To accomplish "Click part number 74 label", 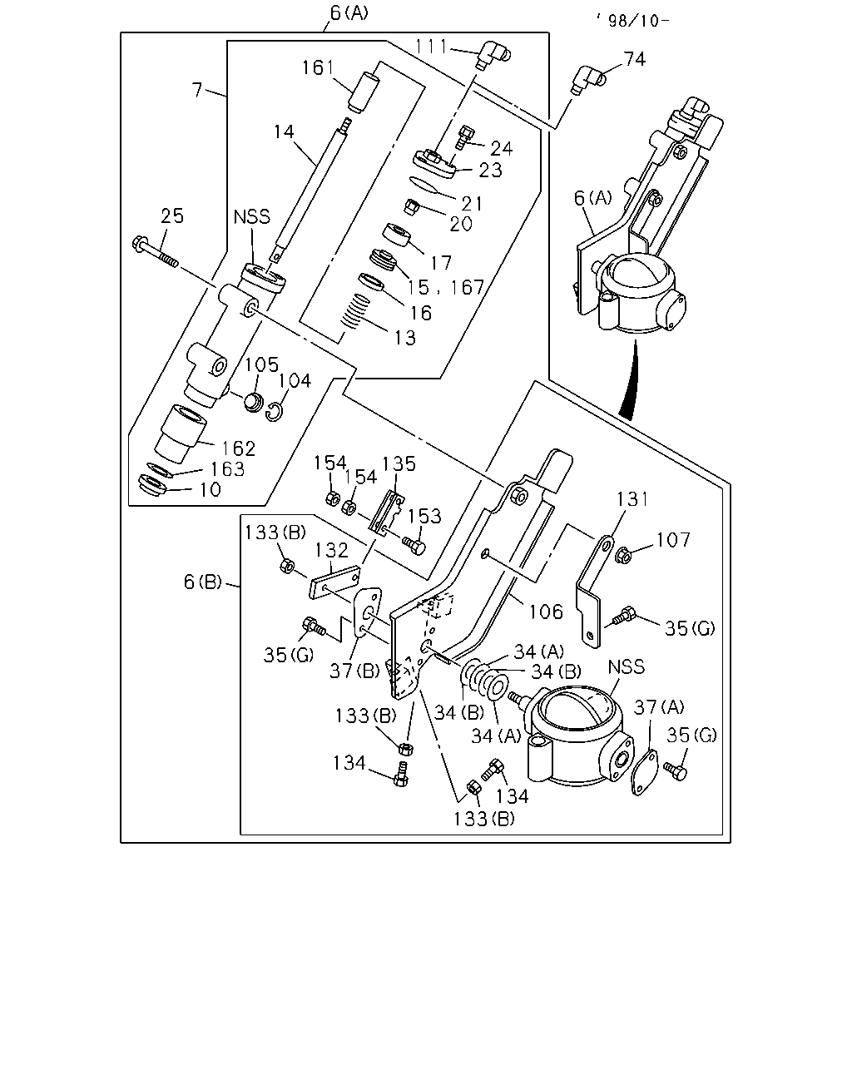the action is tap(635, 59).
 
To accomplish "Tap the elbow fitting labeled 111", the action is tap(494, 55).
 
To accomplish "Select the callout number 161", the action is tap(319, 67).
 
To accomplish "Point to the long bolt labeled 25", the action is tap(155, 252).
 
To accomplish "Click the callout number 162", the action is tap(238, 448).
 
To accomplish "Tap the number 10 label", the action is tap(210, 489).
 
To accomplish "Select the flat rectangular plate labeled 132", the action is tap(334, 582).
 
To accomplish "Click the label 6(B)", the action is tap(202, 582).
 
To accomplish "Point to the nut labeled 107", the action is tap(624, 555).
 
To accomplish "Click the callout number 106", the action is tap(546, 612).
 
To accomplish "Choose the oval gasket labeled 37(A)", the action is tap(645, 772).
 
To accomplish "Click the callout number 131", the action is tap(632, 499).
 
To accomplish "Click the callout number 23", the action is tap(490, 170).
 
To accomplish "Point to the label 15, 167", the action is tap(445, 288).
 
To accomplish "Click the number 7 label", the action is tap(197, 90).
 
